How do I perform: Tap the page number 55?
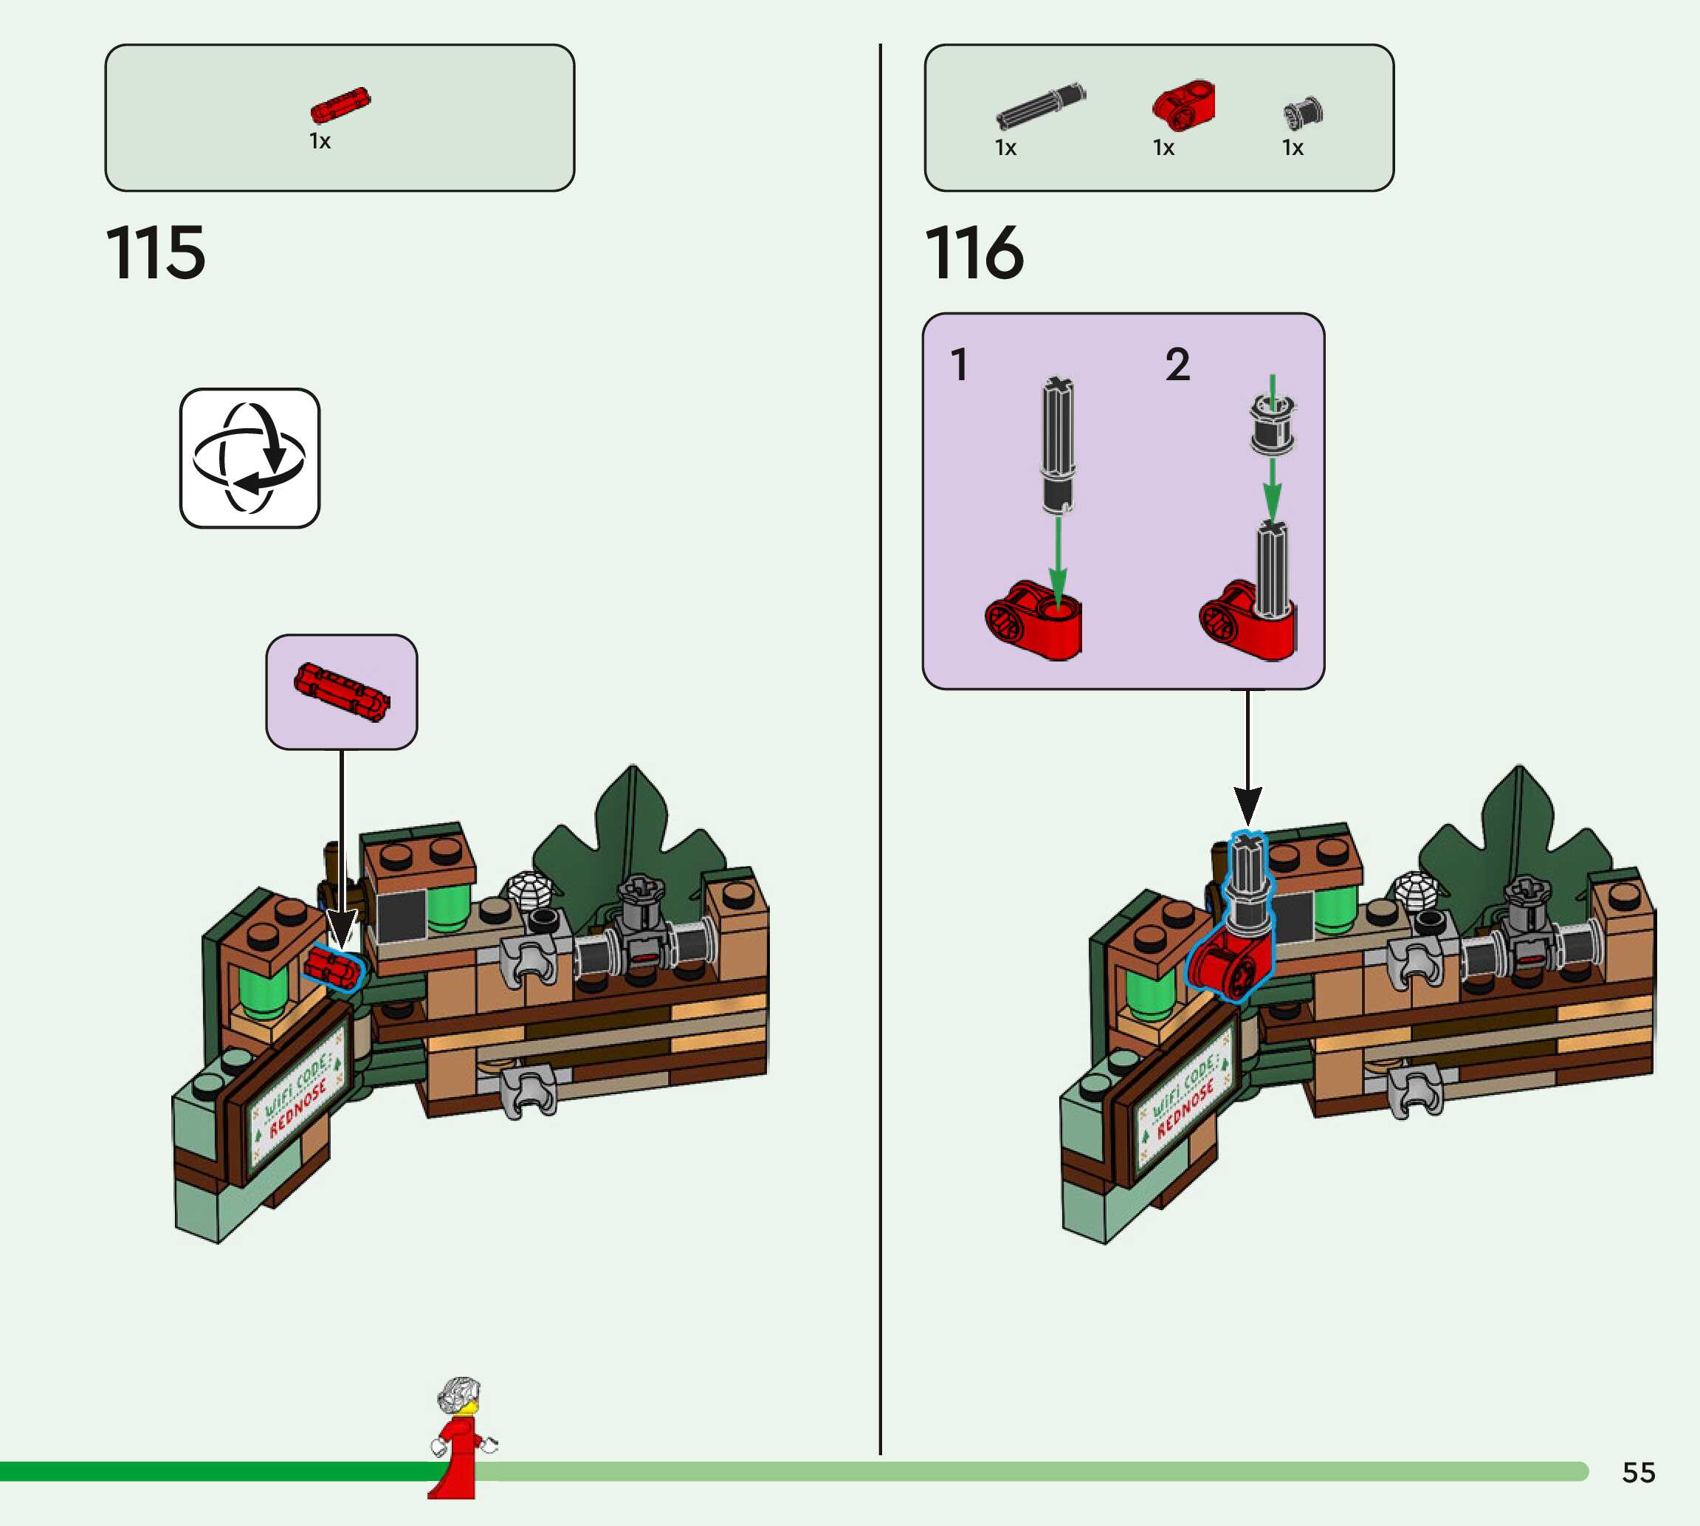pos(1638,1472)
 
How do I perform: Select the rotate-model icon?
pos(250,458)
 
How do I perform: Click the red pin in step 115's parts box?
pos(340,105)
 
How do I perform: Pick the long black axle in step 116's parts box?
pos(1040,106)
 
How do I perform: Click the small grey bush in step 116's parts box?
pos(1303,112)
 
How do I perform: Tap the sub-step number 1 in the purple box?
pos(959,365)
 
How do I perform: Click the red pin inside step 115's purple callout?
pos(341,692)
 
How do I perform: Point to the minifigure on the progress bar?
pos(459,1435)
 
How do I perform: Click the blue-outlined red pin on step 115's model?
pos(333,968)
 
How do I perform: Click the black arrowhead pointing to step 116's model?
pos(1248,805)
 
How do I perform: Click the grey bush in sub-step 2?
pos(1273,425)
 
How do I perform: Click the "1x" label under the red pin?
pos(320,141)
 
